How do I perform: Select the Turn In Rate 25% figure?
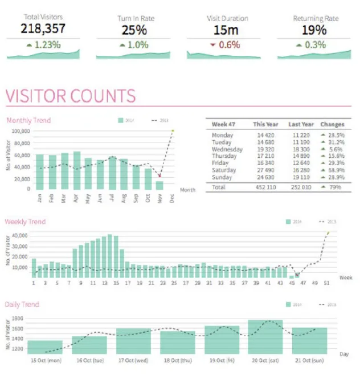coord(134,30)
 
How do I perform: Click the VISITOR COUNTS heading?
coord(71,96)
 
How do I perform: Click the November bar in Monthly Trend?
coord(159,185)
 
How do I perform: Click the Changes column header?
coord(332,124)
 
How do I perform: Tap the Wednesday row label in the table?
coord(227,149)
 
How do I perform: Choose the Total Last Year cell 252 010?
coord(300,186)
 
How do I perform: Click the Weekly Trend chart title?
coord(25,222)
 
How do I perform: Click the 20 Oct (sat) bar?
coord(265,337)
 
